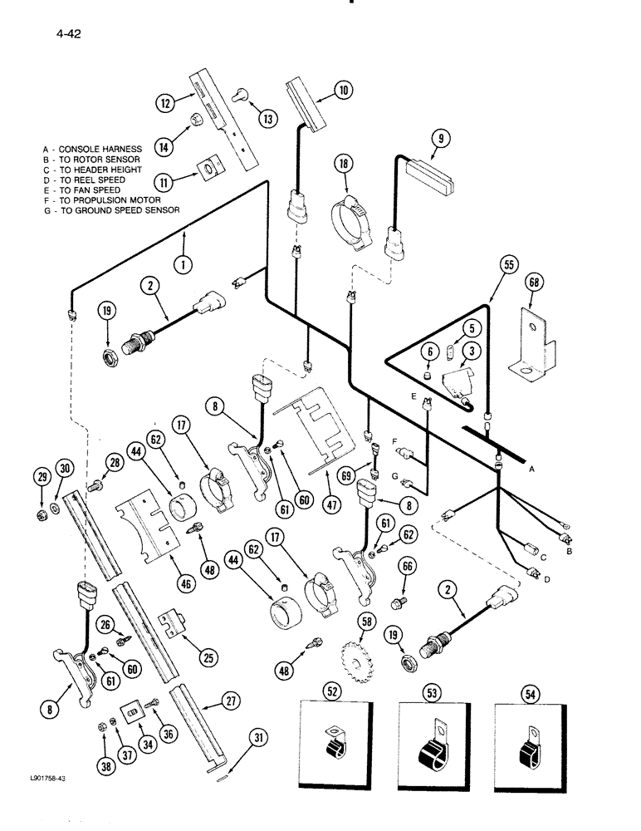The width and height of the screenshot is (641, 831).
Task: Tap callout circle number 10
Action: point(343,91)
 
